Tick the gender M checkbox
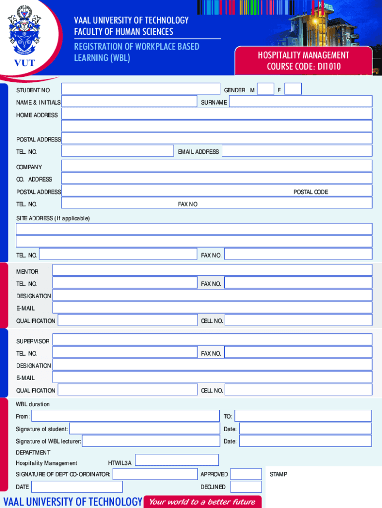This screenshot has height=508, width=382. click(266, 89)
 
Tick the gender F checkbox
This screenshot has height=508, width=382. click(293, 89)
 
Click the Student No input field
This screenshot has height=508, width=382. click(140, 89)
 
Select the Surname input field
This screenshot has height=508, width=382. click(300, 102)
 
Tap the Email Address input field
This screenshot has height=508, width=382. click(297, 151)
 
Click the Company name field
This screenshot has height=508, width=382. click(216, 166)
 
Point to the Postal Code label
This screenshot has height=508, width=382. click(311, 192)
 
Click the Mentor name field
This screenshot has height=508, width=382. click(212, 270)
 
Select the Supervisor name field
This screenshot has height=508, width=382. click(212, 339)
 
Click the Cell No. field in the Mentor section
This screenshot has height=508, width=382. click(298, 320)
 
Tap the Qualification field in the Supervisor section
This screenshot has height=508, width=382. click(127, 390)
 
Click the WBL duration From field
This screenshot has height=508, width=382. click(125, 416)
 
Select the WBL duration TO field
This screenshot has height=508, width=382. click(303, 416)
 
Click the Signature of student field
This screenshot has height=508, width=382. click(144, 429)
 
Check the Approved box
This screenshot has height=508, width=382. click(246, 474)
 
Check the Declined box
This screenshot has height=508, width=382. click(246, 487)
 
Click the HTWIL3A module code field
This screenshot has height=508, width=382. click(177, 460)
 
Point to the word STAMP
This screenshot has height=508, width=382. click(278, 474)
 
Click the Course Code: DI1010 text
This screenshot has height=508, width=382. click(304, 66)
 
